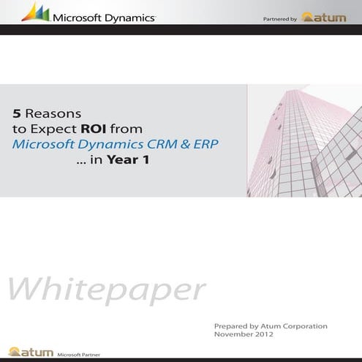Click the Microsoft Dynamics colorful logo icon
[35, 12]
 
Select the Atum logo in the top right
[324, 17]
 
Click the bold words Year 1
[128, 159]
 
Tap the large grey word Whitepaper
[106, 290]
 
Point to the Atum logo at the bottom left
[31, 352]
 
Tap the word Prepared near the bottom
[232, 325]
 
